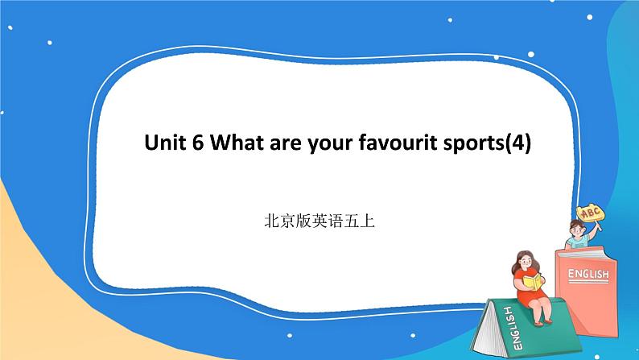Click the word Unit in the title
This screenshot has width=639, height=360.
[x=163, y=144]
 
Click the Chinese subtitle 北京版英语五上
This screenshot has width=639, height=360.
[x=319, y=218]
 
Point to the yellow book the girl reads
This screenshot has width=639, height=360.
[x=532, y=281]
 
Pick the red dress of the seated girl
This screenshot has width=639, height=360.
[x=531, y=294]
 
